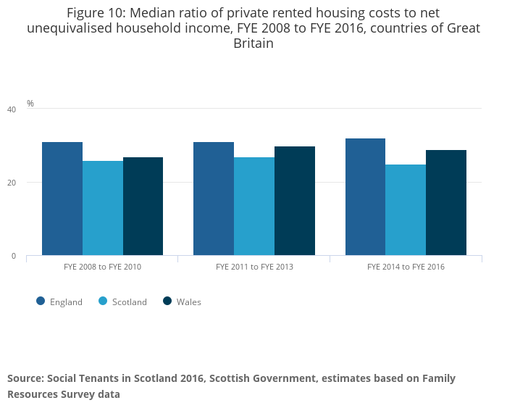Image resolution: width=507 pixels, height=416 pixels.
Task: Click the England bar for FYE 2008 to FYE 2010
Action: click(x=62, y=199)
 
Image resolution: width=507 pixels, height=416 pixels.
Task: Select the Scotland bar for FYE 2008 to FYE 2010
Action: click(x=103, y=208)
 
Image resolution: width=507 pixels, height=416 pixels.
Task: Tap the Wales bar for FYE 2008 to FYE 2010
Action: click(x=143, y=206)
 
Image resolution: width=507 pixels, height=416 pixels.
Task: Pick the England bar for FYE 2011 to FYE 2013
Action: click(x=214, y=199)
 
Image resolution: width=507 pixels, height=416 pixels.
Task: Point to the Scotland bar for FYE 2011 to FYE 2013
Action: click(x=254, y=206)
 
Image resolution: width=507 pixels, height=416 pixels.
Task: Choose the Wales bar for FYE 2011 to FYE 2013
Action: click(x=295, y=201)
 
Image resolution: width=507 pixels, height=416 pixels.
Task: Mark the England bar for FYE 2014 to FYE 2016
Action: click(x=365, y=196)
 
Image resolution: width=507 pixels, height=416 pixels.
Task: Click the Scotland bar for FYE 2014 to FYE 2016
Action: click(x=406, y=209)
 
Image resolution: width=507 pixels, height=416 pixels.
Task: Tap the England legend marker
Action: click(x=41, y=301)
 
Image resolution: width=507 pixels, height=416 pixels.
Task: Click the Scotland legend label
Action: click(x=130, y=302)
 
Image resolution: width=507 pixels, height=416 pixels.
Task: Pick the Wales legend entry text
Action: click(x=189, y=302)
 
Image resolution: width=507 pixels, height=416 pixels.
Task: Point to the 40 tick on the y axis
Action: click(x=11, y=109)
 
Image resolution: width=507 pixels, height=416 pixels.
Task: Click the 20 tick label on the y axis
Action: click(x=11, y=183)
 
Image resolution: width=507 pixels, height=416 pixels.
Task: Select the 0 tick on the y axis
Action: click(x=13, y=256)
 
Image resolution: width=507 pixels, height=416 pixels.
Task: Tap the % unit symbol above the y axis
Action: click(x=30, y=104)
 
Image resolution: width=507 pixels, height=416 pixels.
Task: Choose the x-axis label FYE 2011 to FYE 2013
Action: click(x=254, y=267)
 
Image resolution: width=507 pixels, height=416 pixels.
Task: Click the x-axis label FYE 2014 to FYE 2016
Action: click(x=406, y=267)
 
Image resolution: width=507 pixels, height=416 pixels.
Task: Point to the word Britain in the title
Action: click(x=253, y=43)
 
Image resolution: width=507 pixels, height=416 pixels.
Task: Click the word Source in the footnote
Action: click(x=25, y=378)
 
